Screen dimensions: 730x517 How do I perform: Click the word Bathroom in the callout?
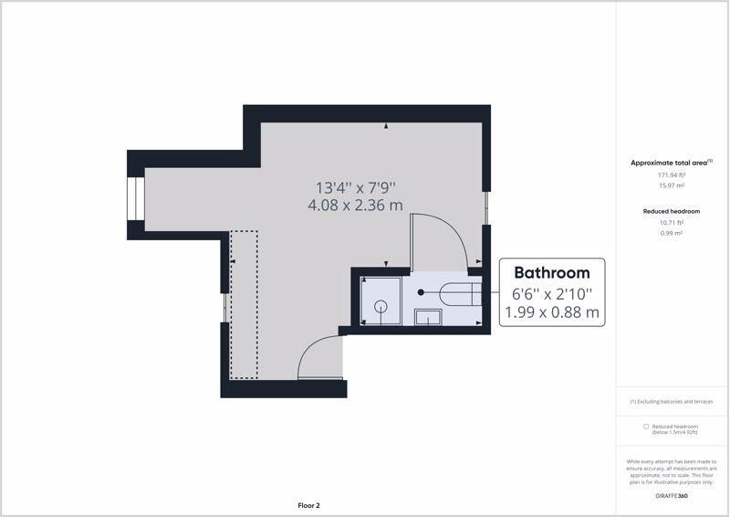552,273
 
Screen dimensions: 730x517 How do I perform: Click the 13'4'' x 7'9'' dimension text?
356,188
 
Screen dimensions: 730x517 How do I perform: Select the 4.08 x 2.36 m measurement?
355,206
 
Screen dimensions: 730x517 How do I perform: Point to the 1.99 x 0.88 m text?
552,312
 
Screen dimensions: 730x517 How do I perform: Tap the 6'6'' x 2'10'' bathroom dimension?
552,295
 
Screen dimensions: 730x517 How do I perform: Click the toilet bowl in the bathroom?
460,293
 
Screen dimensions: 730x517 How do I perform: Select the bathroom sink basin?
428,317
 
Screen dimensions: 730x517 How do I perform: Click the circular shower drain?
381,306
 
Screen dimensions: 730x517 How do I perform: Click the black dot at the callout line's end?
421,292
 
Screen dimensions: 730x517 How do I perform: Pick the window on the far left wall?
136,199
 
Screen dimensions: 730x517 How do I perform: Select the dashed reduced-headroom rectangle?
244,304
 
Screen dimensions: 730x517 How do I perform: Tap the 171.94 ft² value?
672,175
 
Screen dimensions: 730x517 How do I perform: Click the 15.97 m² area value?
672,185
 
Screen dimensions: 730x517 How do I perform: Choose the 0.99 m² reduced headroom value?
672,233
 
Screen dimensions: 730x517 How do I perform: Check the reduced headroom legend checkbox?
646,426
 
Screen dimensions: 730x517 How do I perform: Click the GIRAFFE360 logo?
672,496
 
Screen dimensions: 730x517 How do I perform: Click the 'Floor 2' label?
308,505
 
